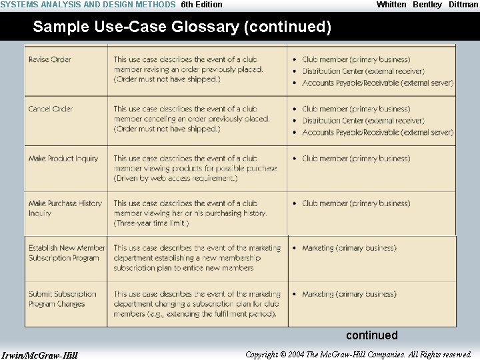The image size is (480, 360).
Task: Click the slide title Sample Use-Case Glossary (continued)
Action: (x=182, y=27)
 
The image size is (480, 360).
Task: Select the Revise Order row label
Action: (x=50, y=59)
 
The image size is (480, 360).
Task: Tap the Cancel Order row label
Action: (x=51, y=109)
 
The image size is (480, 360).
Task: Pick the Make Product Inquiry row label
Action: (x=63, y=159)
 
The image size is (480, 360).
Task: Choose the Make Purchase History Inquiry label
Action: (x=65, y=208)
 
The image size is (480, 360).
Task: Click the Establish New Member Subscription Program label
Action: (x=67, y=253)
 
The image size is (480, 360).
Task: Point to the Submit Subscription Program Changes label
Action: (x=62, y=299)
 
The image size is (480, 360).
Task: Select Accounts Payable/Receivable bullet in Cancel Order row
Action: (x=377, y=133)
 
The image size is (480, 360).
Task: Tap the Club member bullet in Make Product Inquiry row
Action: (x=356, y=159)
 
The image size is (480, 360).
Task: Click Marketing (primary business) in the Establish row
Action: (x=349, y=248)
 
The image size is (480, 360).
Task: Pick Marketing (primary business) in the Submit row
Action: (x=349, y=294)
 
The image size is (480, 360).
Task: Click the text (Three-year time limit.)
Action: (x=151, y=223)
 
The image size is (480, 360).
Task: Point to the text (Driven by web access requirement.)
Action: (x=175, y=179)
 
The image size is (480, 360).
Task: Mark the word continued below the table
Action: (x=371, y=335)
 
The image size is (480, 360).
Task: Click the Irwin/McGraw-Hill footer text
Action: (x=40, y=355)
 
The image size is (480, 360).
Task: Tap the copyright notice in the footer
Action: (x=358, y=355)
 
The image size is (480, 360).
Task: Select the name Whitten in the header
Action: (x=391, y=5)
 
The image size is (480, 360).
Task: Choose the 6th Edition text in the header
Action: (x=202, y=5)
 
